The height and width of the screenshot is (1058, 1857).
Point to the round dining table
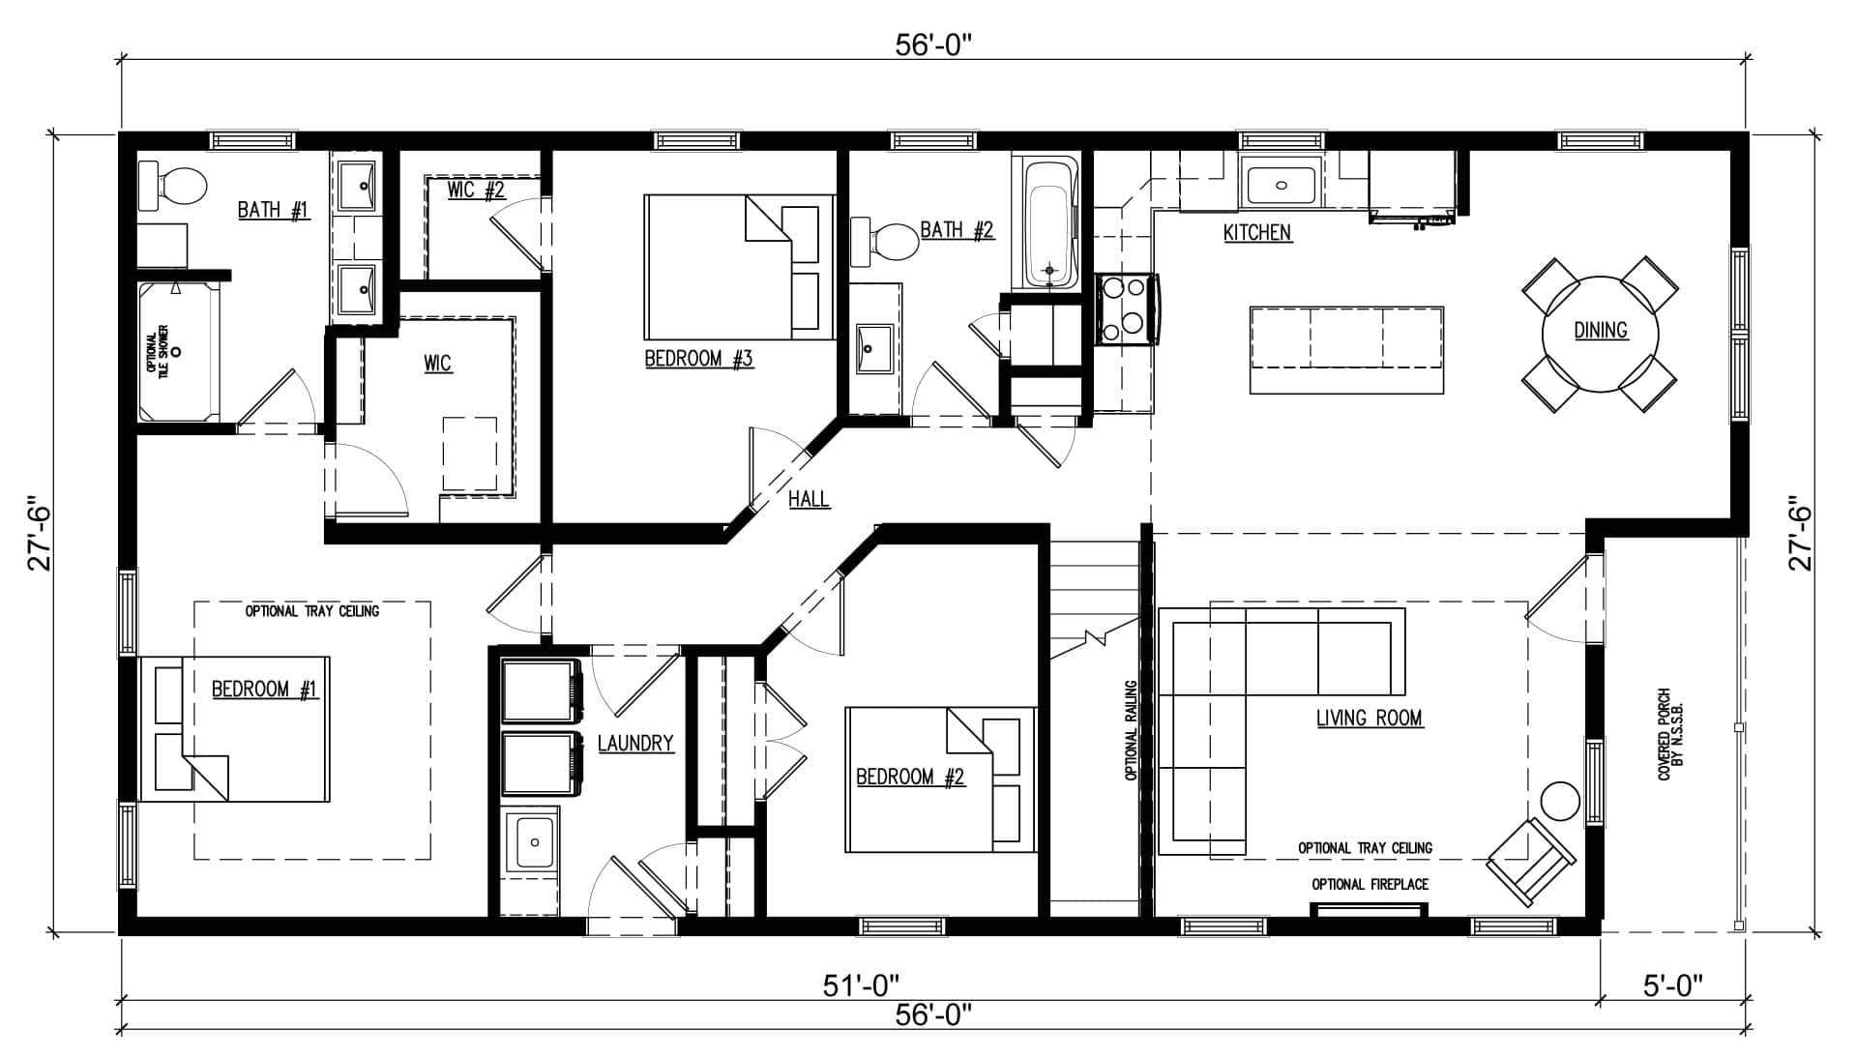(x=1600, y=331)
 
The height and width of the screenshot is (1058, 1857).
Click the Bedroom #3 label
(x=698, y=360)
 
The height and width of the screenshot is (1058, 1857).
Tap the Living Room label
(x=1369, y=718)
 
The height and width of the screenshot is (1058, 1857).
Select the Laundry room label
(x=635, y=744)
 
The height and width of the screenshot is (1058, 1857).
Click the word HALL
(x=809, y=499)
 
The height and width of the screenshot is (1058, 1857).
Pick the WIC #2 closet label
(x=477, y=190)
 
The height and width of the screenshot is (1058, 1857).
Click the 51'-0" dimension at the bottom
(x=861, y=986)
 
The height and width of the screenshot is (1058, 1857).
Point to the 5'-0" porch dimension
(x=1673, y=986)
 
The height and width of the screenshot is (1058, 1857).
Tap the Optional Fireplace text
(x=1370, y=884)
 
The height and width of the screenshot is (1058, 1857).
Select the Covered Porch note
(x=1670, y=735)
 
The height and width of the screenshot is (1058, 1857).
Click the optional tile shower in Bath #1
(x=179, y=351)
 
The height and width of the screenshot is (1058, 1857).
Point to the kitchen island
(x=1346, y=350)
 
